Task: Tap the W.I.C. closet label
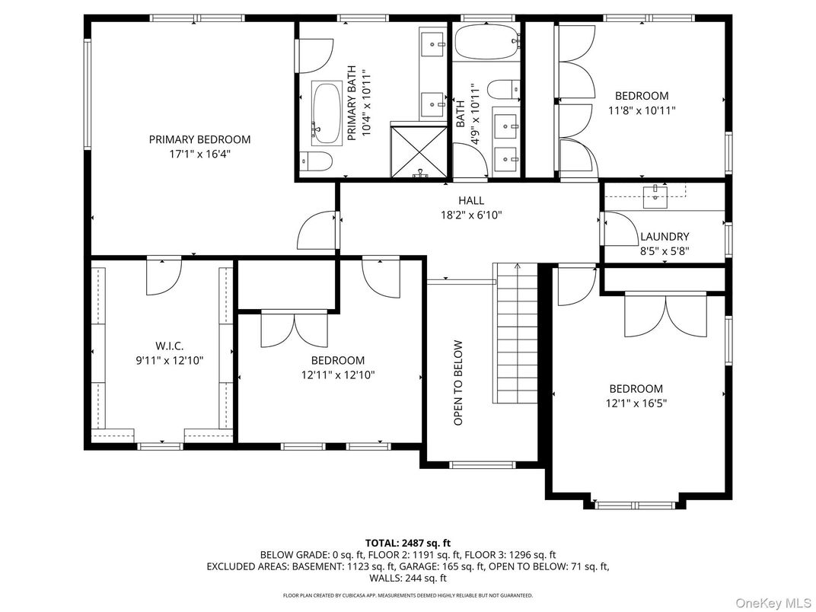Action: point(169,346)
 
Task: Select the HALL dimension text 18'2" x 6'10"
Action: point(470,215)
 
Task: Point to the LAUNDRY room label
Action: point(664,237)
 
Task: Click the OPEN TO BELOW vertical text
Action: point(458,382)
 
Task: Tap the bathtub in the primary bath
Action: point(327,113)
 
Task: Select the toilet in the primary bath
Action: point(315,161)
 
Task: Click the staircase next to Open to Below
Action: point(517,335)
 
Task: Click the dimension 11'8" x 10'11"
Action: point(642,110)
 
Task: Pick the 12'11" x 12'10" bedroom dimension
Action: point(337,375)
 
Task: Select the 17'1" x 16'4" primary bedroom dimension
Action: point(199,154)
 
